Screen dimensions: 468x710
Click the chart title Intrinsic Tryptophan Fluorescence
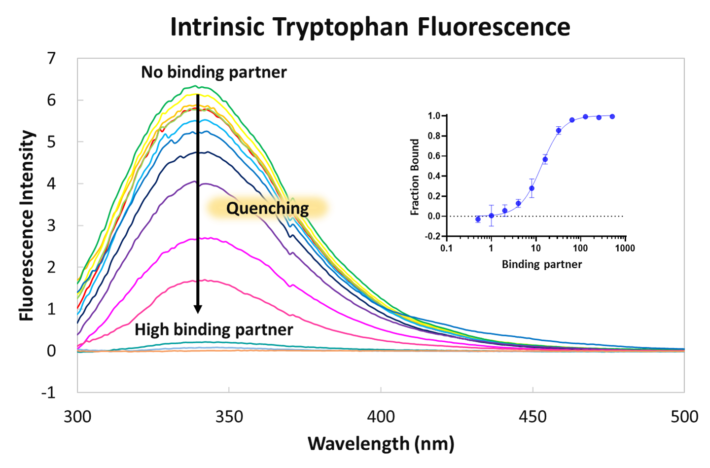pos(370,27)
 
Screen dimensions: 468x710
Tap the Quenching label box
pos(268,208)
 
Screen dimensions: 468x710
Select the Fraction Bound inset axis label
pos(415,177)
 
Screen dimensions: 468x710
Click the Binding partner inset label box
pos(541,264)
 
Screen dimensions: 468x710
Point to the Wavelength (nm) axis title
pos(381,444)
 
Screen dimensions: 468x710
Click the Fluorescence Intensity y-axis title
pos(27,226)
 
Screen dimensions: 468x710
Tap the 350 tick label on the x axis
pos(229,417)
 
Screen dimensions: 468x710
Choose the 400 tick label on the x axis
pos(381,417)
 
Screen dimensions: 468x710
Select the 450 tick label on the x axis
pos(533,417)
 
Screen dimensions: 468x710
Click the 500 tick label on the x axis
pos(684,417)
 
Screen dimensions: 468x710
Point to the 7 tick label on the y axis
pos(51,59)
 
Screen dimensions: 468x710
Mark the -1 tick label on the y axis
pos(48,393)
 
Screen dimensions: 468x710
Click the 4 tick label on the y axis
pos(51,184)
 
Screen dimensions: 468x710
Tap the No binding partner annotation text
pos(214,72)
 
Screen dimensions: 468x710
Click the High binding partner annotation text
pos(213,329)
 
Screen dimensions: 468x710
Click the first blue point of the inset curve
pos(478,219)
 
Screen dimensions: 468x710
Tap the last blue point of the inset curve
pos(612,116)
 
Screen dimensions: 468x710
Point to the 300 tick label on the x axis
pos(77,417)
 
